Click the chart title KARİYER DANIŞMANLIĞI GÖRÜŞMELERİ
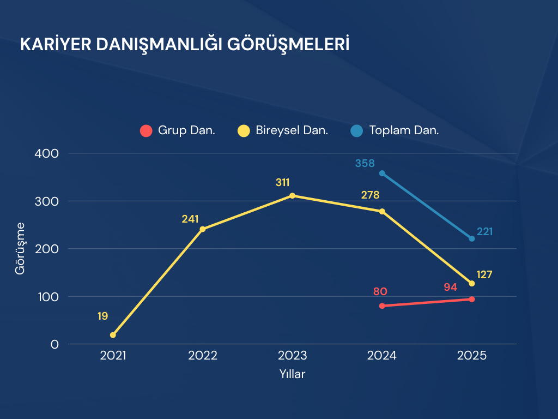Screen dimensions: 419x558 pyautogui.click(x=184, y=44)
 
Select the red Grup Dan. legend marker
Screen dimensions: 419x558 pyautogui.click(x=145, y=131)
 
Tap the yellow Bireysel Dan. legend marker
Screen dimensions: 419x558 pyautogui.click(x=244, y=131)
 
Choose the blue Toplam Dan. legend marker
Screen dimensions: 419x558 pyautogui.click(x=357, y=131)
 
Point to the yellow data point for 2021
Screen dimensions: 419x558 pyautogui.click(x=113, y=335)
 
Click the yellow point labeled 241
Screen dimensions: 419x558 pyautogui.click(x=203, y=229)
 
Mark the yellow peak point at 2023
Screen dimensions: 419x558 pyautogui.click(x=293, y=195)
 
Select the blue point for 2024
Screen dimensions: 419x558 pyautogui.click(x=382, y=173)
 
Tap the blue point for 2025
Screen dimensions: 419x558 pyautogui.click(x=472, y=238)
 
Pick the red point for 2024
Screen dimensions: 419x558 pyautogui.click(x=382, y=306)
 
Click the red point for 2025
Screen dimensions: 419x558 pyautogui.click(x=472, y=299)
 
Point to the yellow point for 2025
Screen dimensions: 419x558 pyautogui.click(x=472, y=284)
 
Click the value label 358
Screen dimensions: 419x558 pyautogui.click(x=365, y=163)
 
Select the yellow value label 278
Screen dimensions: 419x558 pyautogui.click(x=370, y=195)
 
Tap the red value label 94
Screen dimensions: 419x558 pyautogui.click(x=450, y=287)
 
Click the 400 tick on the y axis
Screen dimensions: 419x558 pyautogui.click(x=47, y=153)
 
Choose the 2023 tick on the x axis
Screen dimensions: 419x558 pyautogui.click(x=293, y=356)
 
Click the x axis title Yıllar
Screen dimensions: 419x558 pyautogui.click(x=293, y=375)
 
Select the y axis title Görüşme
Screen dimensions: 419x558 pyautogui.click(x=20, y=248)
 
